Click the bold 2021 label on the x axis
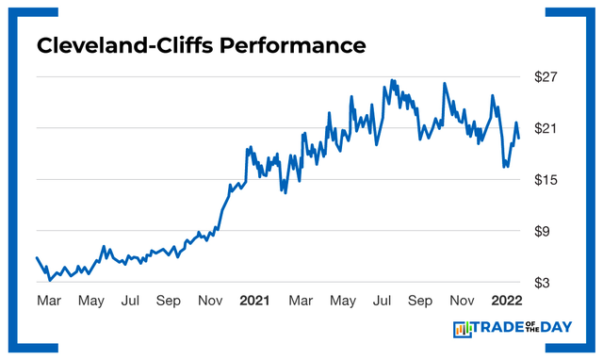tap(254, 301)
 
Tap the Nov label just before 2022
tap(461, 301)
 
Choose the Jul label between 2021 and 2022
tap(383, 301)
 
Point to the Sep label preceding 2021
tap(168, 301)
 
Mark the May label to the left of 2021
tap(90, 301)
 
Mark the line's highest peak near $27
tap(391, 80)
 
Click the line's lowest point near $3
tap(50, 280)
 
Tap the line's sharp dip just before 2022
tap(506, 167)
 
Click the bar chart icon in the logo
tap(463, 329)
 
